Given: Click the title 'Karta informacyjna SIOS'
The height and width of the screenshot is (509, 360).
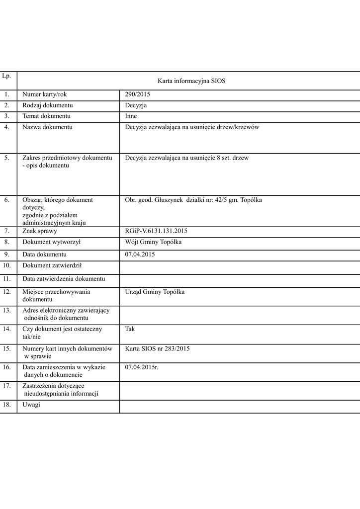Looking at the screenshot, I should [191, 81].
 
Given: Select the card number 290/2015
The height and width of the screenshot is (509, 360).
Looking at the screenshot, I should [138, 94].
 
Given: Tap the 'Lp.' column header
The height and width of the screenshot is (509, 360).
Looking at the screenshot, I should [6, 76].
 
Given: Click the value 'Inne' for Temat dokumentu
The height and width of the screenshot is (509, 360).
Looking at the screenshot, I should [131, 116].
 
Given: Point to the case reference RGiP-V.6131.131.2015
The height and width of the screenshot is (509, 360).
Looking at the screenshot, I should [156, 231].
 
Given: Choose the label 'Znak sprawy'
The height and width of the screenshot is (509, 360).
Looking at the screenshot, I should [40, 231].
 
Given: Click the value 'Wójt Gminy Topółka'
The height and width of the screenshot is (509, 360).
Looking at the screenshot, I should [153, 242].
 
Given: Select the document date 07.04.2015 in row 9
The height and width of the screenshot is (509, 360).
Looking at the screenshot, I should [140, 254].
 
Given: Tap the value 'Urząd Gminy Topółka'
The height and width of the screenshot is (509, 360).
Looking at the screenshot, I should [155, 292].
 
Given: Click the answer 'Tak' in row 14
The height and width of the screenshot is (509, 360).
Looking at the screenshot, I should [130, 329].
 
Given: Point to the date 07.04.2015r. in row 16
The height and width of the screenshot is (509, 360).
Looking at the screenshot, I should [142, 367].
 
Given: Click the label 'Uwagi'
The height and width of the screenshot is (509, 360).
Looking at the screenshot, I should [31, 404].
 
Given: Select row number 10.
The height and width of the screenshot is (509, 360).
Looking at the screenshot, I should [7, 265].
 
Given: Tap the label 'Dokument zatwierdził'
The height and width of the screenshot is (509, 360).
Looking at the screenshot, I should [52, 265].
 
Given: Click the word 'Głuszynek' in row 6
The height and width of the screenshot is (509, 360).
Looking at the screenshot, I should [167, 200].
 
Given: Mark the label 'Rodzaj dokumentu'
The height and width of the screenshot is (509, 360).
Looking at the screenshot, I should [48, 105].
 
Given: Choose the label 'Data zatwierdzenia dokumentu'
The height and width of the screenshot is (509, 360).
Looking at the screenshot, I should [64, 279].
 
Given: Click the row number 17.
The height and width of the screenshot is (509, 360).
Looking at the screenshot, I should [7, 386].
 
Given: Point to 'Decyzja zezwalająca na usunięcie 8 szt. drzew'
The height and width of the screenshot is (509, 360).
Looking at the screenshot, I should [187, 158].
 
